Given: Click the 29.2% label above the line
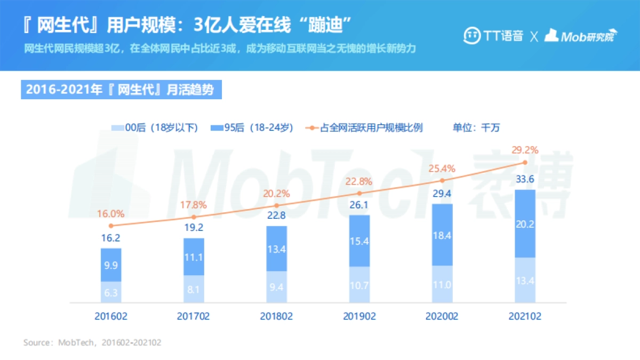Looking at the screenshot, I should pyautogui.click(x=525, y=149).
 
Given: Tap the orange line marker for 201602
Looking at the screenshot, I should pyautogui.click(x=111, y=226).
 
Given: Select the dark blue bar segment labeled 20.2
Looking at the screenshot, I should pyautogui.click(x=525, y=224).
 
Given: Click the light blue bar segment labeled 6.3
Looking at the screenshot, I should pyautogui.click(x=111, y=292).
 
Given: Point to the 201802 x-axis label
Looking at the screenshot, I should pyautogui.click(x=276, y=316).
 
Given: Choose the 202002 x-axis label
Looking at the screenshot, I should pyautogui.click(x=442, y=316).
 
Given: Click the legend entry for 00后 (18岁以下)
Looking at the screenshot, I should pyautogui.click(x=155, y=127).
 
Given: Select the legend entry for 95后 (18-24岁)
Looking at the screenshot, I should pyautogui.click(x=253, y=127).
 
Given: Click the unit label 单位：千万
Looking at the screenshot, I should pyautogui.click(x=476, y=127).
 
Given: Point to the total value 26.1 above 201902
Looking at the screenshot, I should pyautogui.click(x=359, y=205).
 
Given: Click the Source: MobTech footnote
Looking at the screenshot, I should pyautogui.click(x=92, y=342).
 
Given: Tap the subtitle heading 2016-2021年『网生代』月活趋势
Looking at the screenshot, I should pyautogui.click(x=121, y=89).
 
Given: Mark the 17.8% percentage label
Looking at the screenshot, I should pyautogui.click(x=194, y=205).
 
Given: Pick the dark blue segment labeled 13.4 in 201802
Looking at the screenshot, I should pyautogui.click(x=276, y=249).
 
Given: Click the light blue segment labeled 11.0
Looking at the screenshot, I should pyautogui.click(x=442, y=285).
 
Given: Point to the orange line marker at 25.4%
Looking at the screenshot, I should pyautogui.click(x=442, y=181).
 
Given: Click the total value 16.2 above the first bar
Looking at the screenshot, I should pyautogui.click(x=111, y=238).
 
